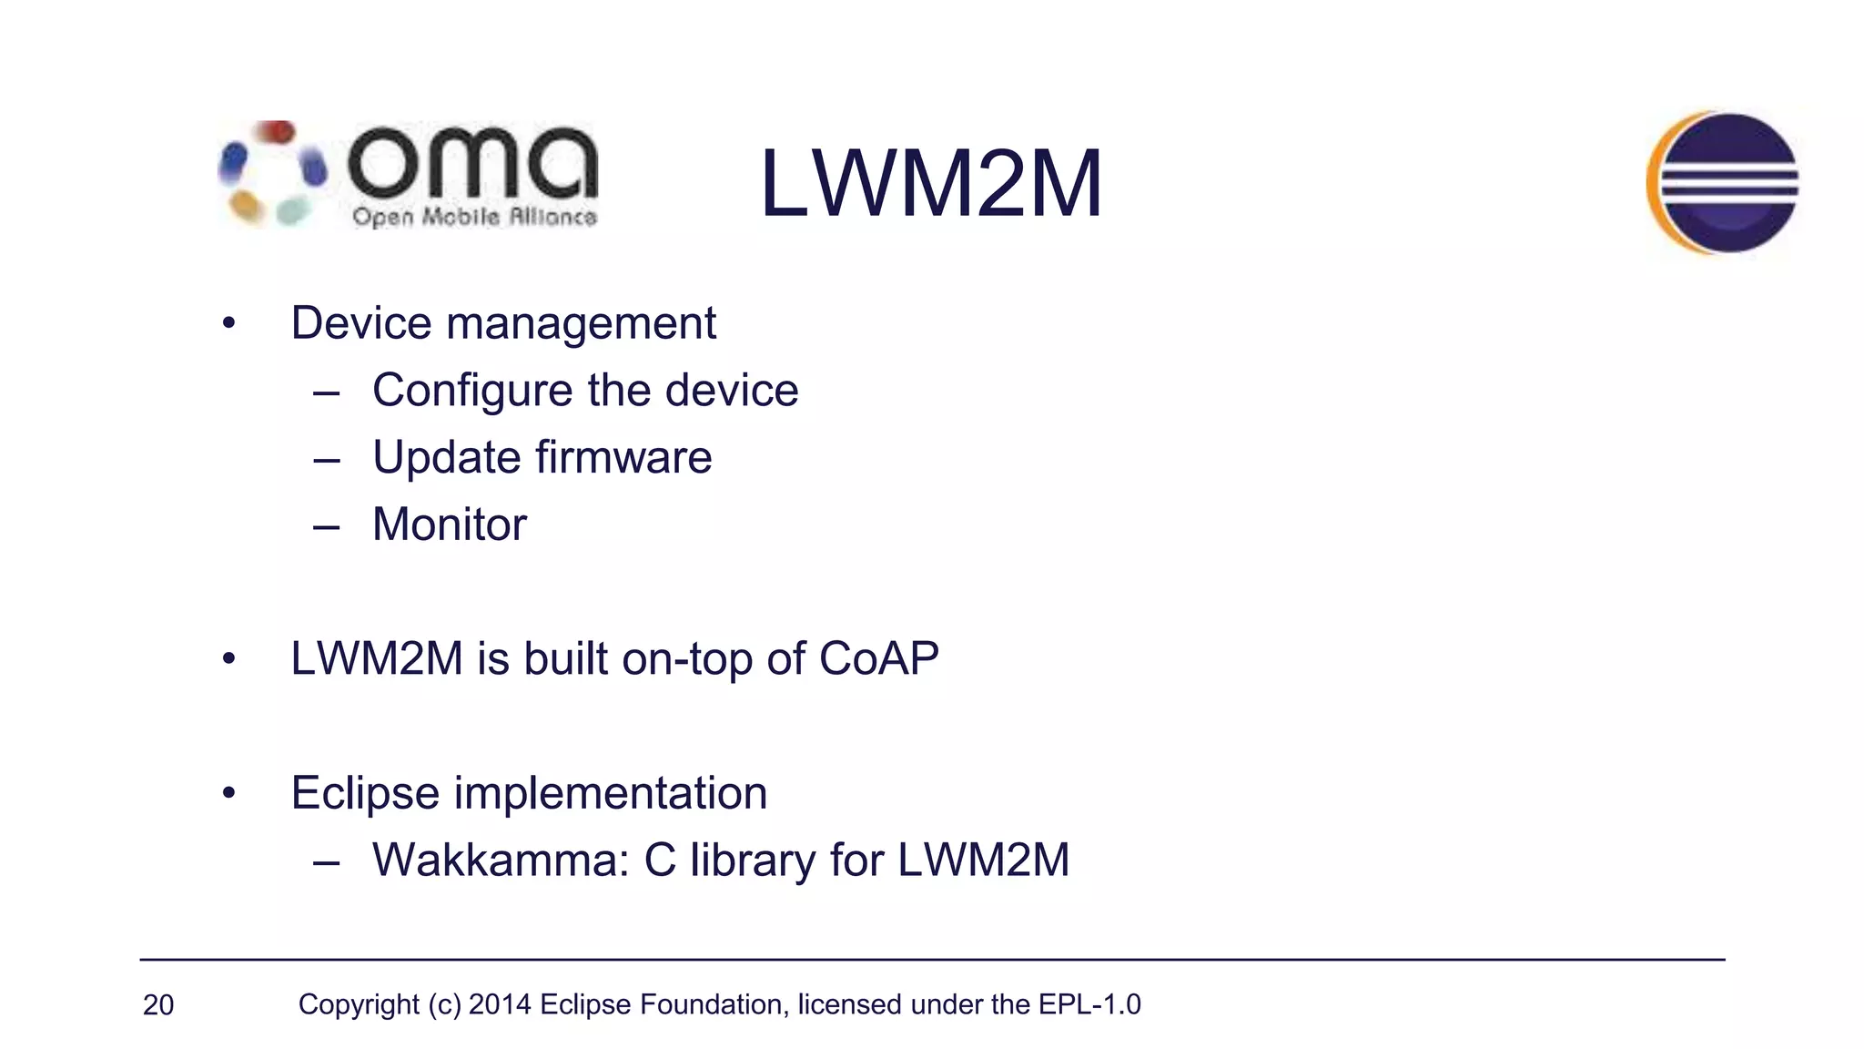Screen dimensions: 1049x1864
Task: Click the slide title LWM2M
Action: (x=930, y=184)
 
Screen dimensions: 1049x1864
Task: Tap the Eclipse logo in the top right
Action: (x=1723, y=182)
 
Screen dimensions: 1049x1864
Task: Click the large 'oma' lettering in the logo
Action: (x=472, y=164)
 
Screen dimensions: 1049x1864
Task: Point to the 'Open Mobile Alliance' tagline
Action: (x=474, y=217)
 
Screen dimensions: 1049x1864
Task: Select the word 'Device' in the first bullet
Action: (x=361, y=323)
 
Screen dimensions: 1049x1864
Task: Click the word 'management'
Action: (x=581, y=323)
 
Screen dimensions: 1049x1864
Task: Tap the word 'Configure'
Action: (x=471, y=392)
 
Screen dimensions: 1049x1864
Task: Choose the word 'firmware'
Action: (x=623, y=457)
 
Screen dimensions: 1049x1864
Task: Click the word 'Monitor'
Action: (x=450, y=524)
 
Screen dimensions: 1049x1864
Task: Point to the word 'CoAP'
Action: (x=878, y=658)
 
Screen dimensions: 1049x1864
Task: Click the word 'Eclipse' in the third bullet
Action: (x=365, y=793)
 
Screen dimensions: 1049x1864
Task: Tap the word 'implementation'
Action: (x=611, y=793)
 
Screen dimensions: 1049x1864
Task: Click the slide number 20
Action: (x=158, y=1005)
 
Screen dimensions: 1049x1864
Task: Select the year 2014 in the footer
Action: (x=500, y=1004)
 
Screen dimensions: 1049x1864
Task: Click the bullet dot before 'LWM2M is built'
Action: (x=228, y=659)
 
